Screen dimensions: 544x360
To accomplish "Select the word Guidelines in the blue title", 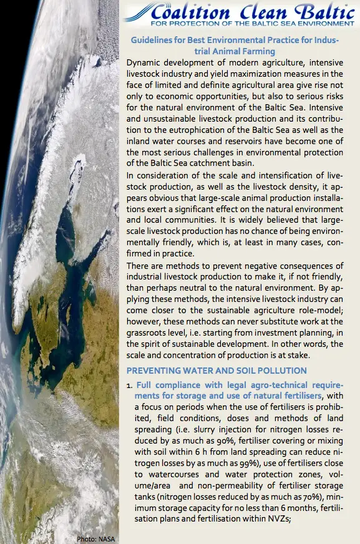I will pos(153,41).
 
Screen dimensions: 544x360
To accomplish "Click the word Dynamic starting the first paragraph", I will pos(144,63).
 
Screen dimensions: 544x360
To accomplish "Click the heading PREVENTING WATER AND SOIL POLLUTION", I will pos(216,371).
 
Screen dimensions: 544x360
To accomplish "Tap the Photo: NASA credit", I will pos(95,538).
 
